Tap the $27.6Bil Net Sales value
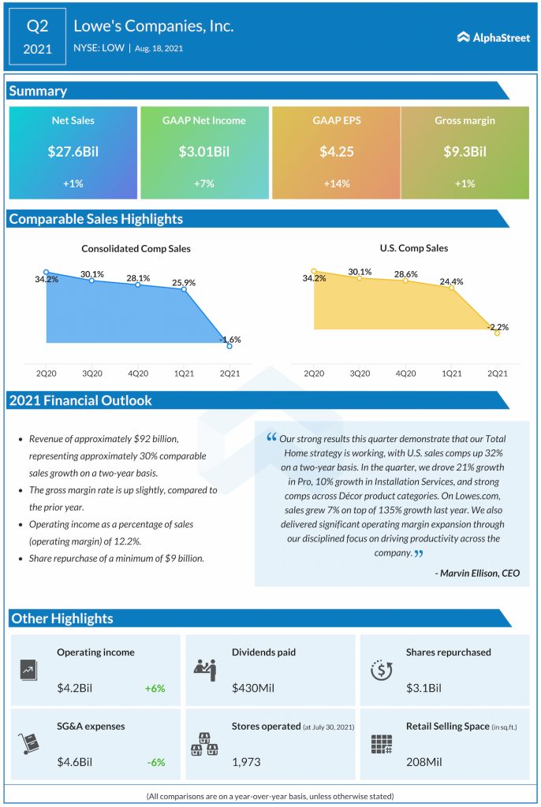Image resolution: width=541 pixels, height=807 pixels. click(x=73, y=151)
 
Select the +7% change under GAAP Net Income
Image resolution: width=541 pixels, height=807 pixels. click(x=203, y=182)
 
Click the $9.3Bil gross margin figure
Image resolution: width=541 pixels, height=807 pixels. click(x=465, y=151)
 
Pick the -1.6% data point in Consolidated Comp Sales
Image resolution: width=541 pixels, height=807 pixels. click(x=229, y=346)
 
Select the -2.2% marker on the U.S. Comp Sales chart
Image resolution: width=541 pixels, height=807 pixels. click(x=497, y=333)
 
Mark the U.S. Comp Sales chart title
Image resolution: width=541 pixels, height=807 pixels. click(x=413, y=248)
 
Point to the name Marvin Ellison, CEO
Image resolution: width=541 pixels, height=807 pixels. click(x=477, y=572)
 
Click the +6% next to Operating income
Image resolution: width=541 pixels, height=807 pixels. click(x=155, y=688)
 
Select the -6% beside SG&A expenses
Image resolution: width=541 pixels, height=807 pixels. click(x=155, y=762)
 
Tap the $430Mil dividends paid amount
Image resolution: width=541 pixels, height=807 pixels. click(x=253, y=688)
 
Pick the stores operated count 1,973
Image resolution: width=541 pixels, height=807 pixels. click(x=246, y=762)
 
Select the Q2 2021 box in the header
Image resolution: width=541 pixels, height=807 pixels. click(x=38, y=37)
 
